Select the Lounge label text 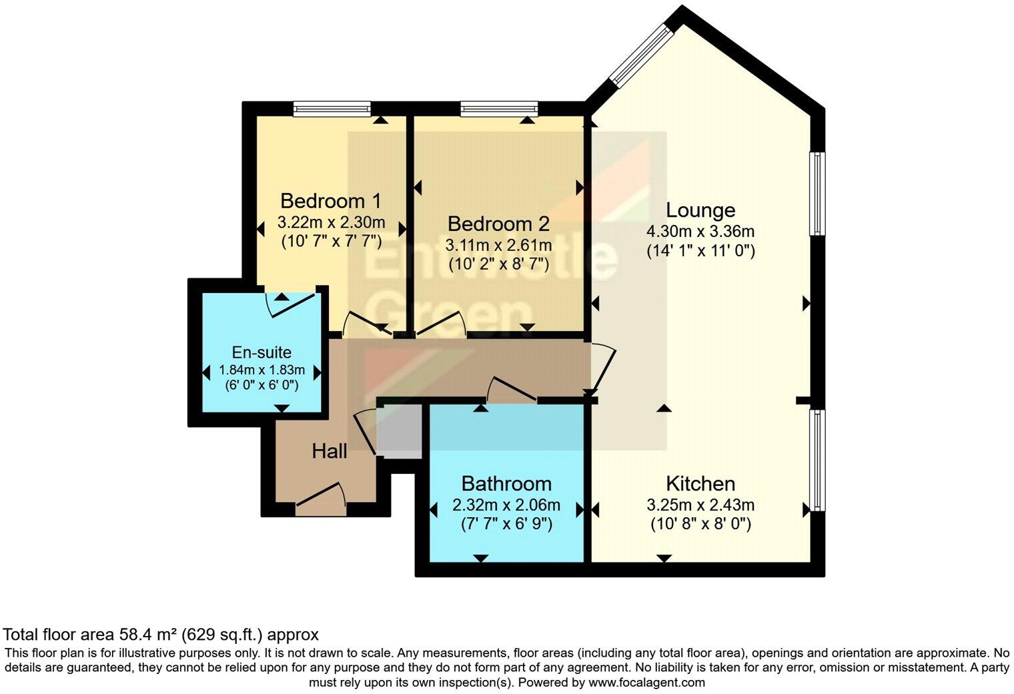click(x=700, y=210)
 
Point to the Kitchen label click(x=700, y=483)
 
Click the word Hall click(x=330, y=452)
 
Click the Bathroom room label click(x=506, y=483)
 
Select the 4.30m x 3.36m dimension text click(x=700, y=232)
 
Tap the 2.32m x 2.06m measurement click(x=506, y=505)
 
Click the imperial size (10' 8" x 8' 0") click(x=700, y=524)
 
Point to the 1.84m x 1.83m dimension click(x=262, y=370)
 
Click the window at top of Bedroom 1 click(x=332, y=108)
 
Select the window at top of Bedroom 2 click(x=499, y=108)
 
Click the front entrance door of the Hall click(x=321, y=500)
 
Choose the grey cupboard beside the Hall click(x=398, y=431)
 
